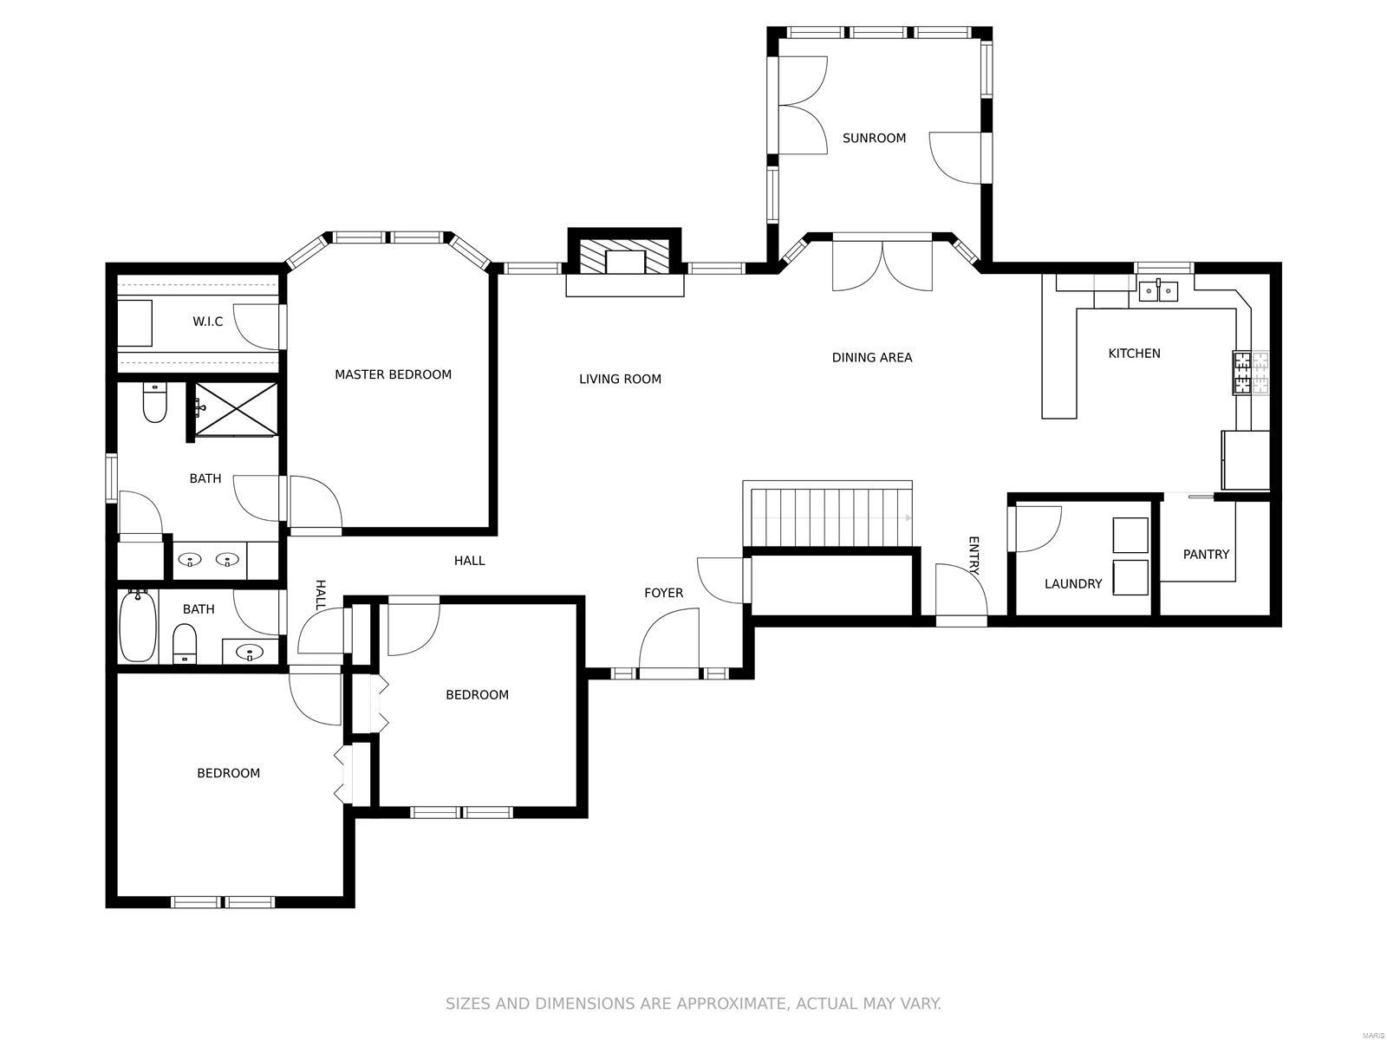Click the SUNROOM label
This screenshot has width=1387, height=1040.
coord(873,138)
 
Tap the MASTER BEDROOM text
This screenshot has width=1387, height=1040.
coord(393,374)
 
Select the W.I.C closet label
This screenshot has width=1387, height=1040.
coord(207,322)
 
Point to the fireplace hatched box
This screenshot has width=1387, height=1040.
coord(624,257)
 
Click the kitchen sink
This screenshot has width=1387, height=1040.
coord(1157,291)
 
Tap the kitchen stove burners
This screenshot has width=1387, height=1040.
coord(1250,374)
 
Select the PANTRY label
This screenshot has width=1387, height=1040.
coord(1206,554)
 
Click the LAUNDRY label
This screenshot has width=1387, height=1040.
coord(1072,583)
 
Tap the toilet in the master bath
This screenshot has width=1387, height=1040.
coord(154,403)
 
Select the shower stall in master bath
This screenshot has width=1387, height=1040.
coord(235,408)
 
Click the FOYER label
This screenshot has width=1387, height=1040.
coord(663,592)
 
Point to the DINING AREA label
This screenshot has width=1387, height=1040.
coord(871,357)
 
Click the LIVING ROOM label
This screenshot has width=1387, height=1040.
coord(620,379)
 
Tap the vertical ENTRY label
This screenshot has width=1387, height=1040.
coord(974,556)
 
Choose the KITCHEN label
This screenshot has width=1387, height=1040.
coord(1134,353)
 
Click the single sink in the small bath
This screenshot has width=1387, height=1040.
coord(251,651)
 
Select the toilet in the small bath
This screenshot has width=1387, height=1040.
coord(185,643)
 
